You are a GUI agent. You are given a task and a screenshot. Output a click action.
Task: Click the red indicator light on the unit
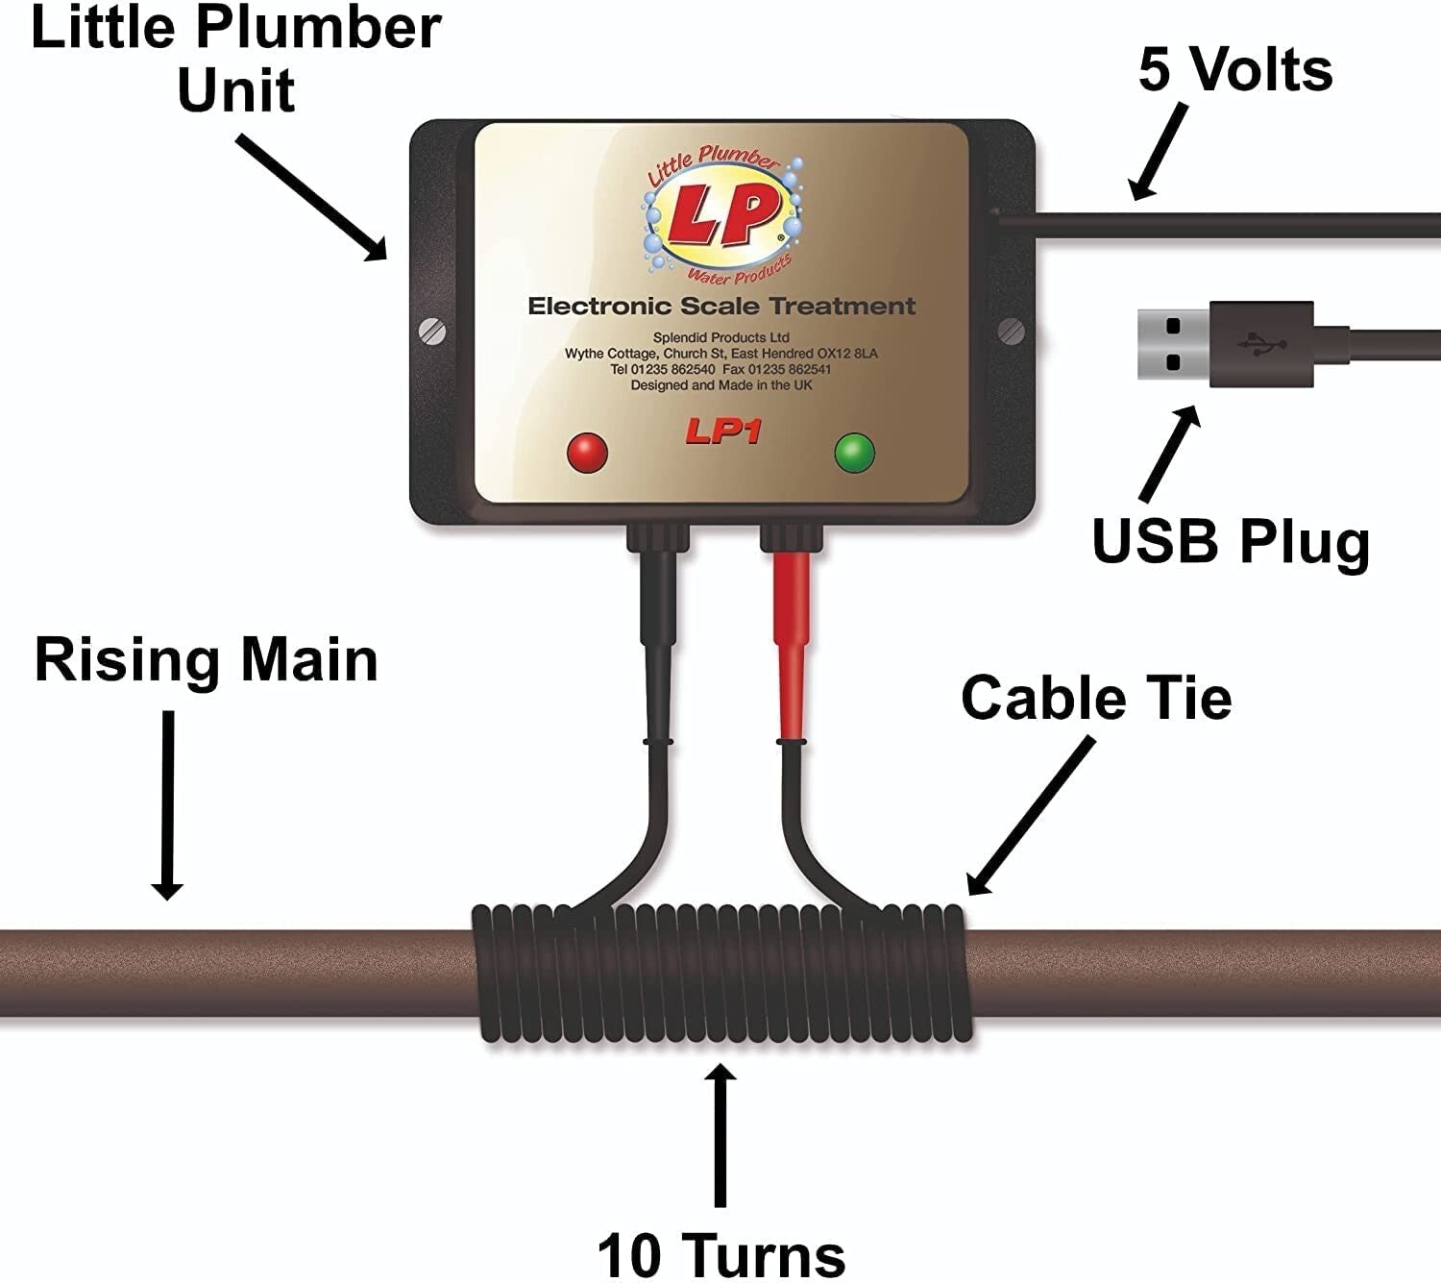click(587, 452)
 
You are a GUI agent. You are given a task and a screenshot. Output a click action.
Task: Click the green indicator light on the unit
click(854, 452)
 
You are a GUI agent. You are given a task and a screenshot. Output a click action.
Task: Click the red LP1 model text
click(722, 432)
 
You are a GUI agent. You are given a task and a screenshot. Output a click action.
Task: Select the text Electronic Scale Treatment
click(721, 307)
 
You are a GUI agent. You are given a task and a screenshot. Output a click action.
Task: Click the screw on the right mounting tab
click(1012, 332)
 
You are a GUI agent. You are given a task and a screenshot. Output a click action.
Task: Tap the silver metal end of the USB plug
click(1173, 344)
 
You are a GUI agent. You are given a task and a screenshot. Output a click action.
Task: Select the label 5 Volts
click(1235, 69)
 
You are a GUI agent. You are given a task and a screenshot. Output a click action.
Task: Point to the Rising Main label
click(206, 660)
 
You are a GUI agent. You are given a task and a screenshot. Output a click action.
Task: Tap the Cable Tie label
click(1096, 697)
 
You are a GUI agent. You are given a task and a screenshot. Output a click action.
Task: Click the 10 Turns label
click(720, 1253)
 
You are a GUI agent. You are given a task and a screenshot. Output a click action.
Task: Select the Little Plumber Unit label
click(236, 58)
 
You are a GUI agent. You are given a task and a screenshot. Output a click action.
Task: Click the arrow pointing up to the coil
click(720, 1134)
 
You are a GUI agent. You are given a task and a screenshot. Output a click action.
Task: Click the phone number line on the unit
click(720, 369)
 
